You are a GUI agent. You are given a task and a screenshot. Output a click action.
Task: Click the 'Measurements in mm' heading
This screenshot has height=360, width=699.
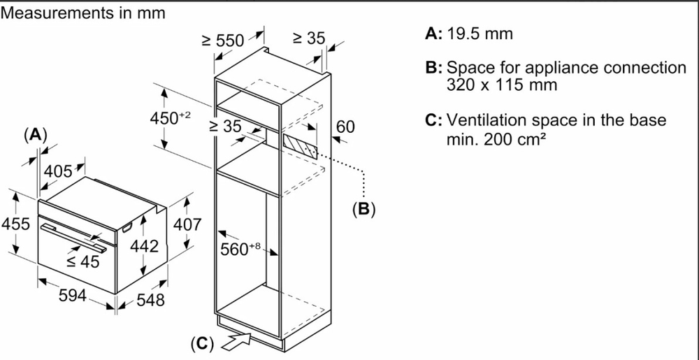click(x=83, y=13)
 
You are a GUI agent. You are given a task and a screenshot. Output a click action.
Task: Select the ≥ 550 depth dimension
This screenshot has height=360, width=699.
click(x=223, y=41)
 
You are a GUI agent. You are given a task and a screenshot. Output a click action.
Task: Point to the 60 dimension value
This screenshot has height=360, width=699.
click(x=345, y=127)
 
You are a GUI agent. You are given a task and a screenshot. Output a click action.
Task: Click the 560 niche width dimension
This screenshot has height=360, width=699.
click(x=240, y=249)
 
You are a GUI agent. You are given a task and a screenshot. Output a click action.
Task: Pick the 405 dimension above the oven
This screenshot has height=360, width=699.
click(x=58, y=171)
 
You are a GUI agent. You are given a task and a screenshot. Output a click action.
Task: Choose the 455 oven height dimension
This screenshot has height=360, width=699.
click(x=15, y=224)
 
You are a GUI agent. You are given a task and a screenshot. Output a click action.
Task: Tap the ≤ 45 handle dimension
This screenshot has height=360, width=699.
click(x=82, y=261)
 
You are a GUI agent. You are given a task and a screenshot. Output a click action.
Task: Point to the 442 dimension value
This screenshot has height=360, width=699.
click(x=144, y=247)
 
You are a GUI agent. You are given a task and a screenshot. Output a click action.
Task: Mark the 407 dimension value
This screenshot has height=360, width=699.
click(x=187, y=224)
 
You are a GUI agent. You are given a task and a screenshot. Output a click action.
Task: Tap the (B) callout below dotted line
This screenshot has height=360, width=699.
click(x=363, y=209)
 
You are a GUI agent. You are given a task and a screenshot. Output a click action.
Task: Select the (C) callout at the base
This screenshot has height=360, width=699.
click(x=202, y=343)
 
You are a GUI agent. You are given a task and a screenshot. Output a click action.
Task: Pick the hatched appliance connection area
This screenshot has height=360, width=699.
click(x=299, y=143)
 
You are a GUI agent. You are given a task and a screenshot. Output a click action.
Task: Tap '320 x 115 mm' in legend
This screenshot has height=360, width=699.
click(x=502, y=85)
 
